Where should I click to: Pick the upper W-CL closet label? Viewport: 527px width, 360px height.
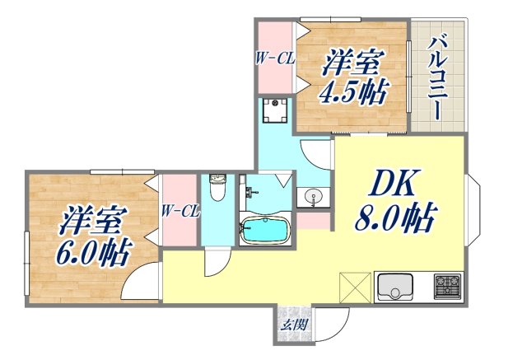click(x=273, y=58)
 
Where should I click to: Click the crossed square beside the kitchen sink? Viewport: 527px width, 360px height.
click(x=355, y=288)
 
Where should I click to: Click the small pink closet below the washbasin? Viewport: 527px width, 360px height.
click(x=312, y=220)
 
